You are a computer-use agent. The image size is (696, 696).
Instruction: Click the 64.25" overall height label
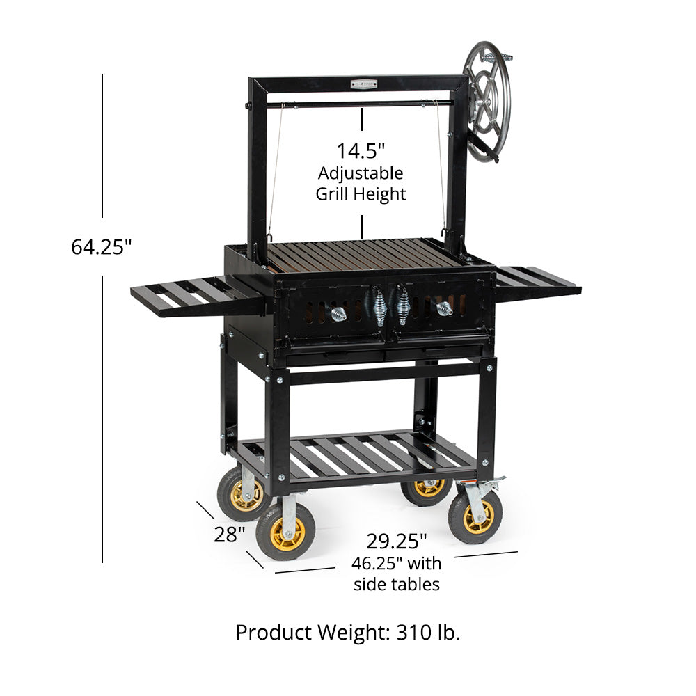(x=102, y=247)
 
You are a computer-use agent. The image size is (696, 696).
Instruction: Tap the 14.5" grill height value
(x=361, y=150)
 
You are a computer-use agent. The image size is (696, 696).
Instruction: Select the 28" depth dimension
(x=229, y=535)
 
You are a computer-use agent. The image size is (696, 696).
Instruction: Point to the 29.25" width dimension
(x=397, y=541)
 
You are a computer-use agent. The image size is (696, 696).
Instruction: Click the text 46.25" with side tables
(x=397, y=574)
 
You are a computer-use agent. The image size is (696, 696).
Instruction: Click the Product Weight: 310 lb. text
(x=348, y=632)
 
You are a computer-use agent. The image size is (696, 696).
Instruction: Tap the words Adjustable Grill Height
(x=361, y=183)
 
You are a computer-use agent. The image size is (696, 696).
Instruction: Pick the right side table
(x=538, y=282)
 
